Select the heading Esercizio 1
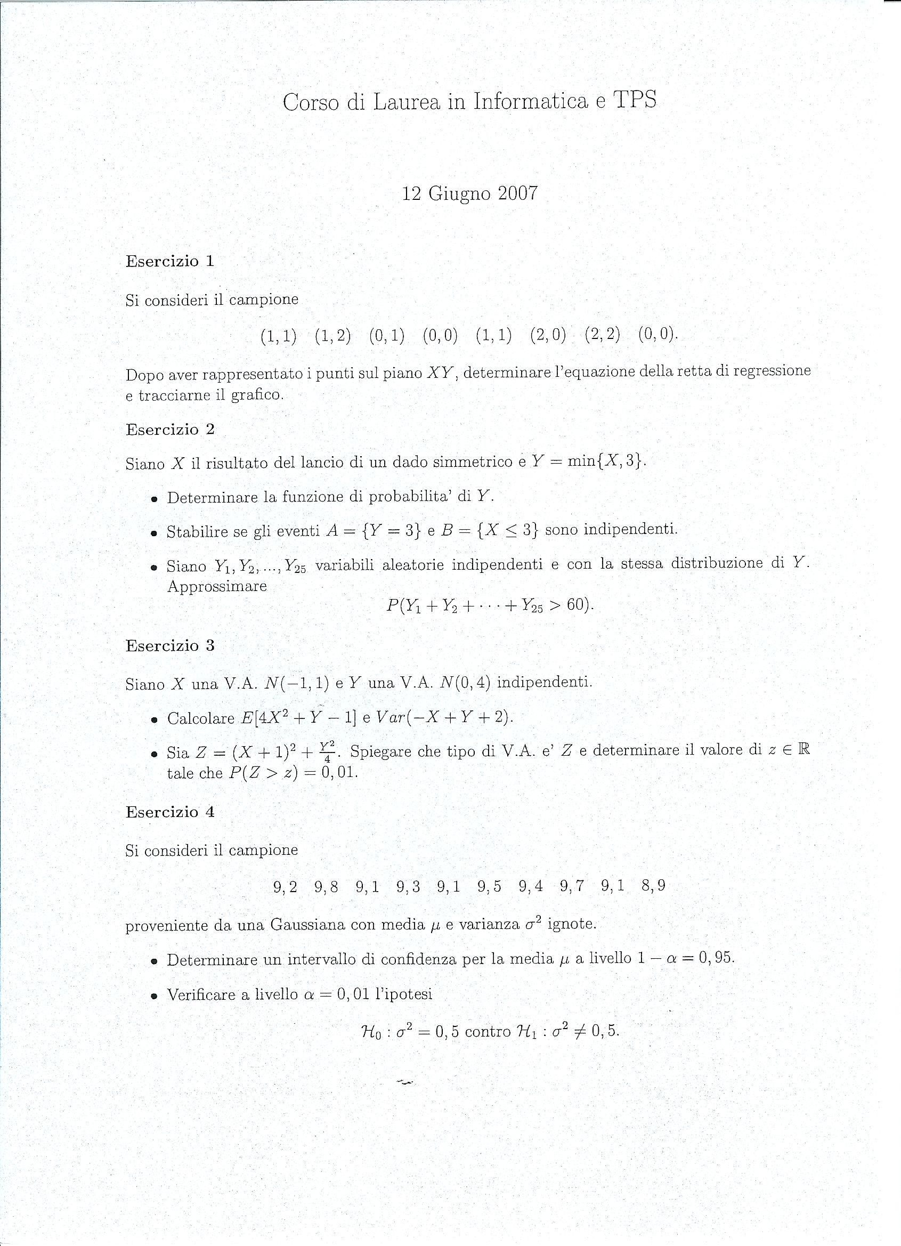pyautogui.click(x=170, y=261)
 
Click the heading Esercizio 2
pyautogui.click(x=170, y=429)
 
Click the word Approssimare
pyautogui.click(x=217, y=586)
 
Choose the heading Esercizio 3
pyautogui.click(x=170, y=645)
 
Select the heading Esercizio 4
pyautogui.click(x=170, y=812)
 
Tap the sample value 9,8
pyautogui.click(x=326, y=887)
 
